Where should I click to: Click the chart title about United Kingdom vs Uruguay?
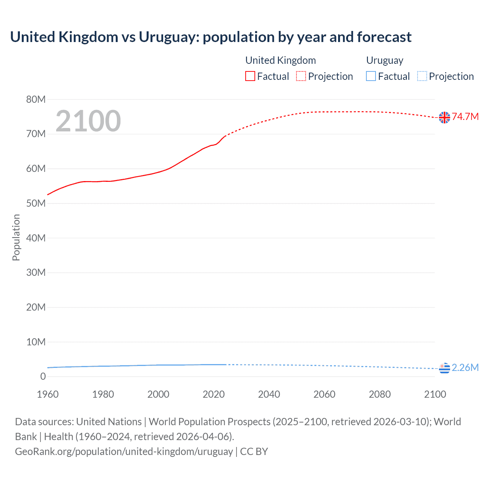pyautogui.click(x=210, y=37)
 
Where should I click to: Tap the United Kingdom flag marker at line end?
pyautogui.click(x=444, y=117)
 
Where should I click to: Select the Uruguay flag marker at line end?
pyautogui.click(x=444, y=368)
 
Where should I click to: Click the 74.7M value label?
pyautogui.click(x=465, y=117)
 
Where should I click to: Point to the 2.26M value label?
pyautogui.click(x=465, y=368)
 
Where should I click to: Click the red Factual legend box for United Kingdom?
pyautogui.click(x=250, y=76)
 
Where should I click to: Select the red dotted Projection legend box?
pyautogui.click(x=301, y=76)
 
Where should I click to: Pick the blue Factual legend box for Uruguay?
pyautogui.click(x=371, y=76)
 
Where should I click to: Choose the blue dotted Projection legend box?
pyautogui.click(x=422, y=76)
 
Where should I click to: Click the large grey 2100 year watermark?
pyautogui.click(x=88, y=121)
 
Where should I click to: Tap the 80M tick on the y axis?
pyautogui.click(x=36, y=100)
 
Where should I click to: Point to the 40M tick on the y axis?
pyautogui.click(x=36, y=238)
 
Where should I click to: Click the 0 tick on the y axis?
pyautogui.click(x=43, y=376)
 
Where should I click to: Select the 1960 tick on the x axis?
pyautogui.click(x=48, y=394)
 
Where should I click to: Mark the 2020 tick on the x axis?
pyautogui.click(x=214, y=394)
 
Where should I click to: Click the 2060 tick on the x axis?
pyautogui.click(x=324, y=394)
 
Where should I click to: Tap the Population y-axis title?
pyautogui.click(x=16, y=238)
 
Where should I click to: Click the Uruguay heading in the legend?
pyautogui.click(x=385, y=60)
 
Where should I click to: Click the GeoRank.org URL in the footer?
pyautogui.click(x=124, y=452)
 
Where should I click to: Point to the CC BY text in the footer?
pyautogui.click(x=254, y=452)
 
